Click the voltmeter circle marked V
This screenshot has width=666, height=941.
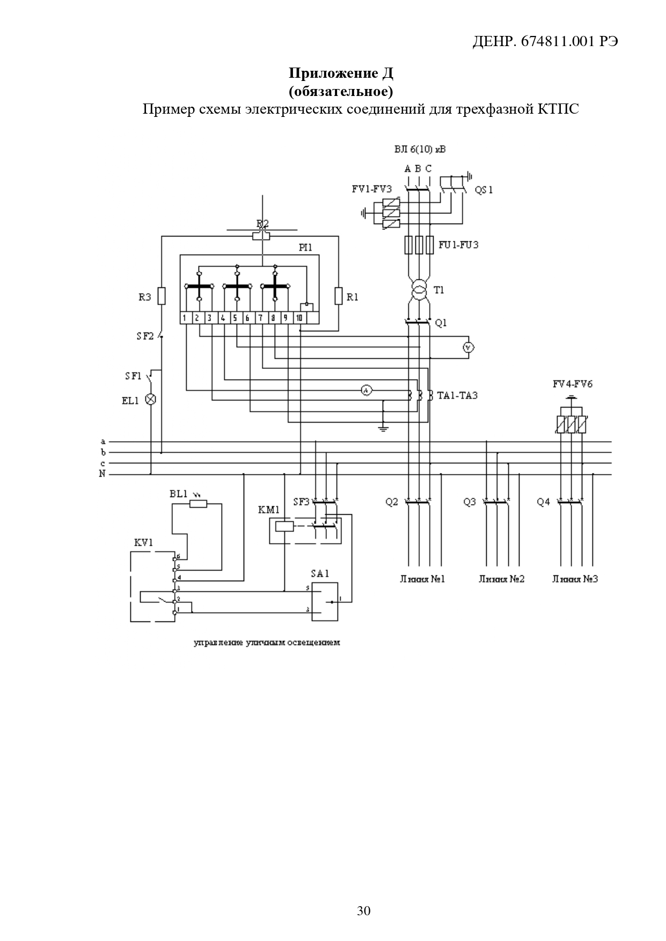click(x=469, y=348)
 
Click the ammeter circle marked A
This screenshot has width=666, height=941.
click(x=365, y=391)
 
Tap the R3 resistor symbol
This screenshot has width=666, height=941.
click(x=162, y=296)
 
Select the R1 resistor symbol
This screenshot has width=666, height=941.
click(x=338, y=296)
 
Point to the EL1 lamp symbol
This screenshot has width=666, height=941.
click(x=151, y=399)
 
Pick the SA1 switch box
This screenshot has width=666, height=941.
click(x=325, y=602)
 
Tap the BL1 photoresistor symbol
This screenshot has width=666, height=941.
click(x=199, y=503)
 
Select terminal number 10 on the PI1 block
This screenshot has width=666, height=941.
click(x=299, y=318)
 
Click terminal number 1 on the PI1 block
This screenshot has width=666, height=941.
click(x=184, y=318)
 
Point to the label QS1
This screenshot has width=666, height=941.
click(x=484, y=190)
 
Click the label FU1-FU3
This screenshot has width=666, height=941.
click(x=458, y=245)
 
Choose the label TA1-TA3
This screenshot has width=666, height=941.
click(x=457, y=396)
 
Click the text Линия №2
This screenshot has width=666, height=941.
click(x=501, y=579)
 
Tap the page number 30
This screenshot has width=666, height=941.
click(x=363, y=910)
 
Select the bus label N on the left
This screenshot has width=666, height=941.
click(x=102, y=474)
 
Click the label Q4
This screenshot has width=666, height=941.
click(x=543, y=502)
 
